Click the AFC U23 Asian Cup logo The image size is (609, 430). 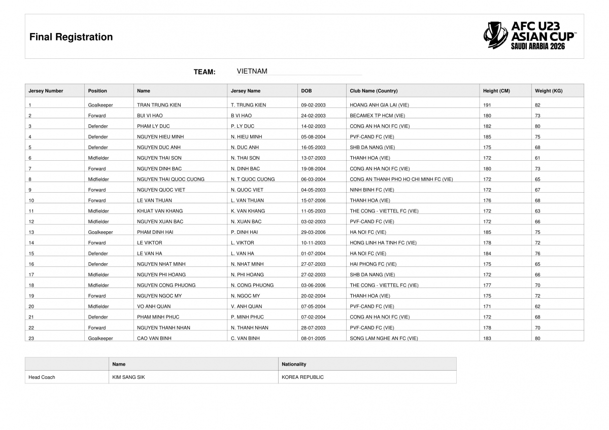click(530, 35)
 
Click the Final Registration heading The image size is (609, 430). click(71, 37)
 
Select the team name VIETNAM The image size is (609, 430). click(252, 71)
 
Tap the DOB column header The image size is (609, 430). click(307, 91)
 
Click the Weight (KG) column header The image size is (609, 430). click(549, 91)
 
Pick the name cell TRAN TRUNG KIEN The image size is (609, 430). click(159, 105)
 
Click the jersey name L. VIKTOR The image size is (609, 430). click(242, 243)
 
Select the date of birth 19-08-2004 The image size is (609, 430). click(313, 169)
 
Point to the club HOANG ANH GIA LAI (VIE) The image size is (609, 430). click(379, 105)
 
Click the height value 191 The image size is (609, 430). click(487, 105)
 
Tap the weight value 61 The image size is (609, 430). click(537, 158)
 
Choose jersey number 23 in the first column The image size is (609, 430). click(31, 338)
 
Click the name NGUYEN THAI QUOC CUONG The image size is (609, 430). click(171, 180)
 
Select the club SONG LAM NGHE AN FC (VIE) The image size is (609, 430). click(384, 338)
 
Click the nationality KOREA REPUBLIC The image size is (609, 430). click(302, 377)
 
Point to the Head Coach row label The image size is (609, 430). click(42, 377)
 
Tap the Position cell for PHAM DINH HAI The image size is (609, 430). click(100, 232)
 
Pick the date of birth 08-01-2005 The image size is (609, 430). click(313, 338)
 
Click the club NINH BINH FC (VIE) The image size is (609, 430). click(371, 190)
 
